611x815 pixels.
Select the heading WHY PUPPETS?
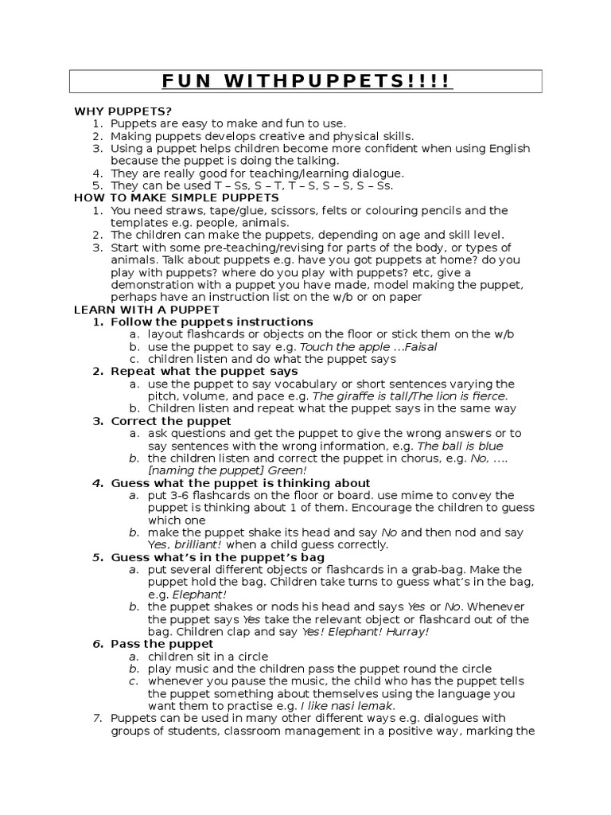point(123,111)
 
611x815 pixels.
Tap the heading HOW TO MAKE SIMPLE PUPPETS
point(177,197)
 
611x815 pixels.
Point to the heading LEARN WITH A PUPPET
point(146,309)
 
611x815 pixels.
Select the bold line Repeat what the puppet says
point(204,371)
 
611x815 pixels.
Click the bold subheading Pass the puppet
point(162,643)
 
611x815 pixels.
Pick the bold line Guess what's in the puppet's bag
point(218,557)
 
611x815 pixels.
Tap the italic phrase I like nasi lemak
point(348,706)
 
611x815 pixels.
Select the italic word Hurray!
point(405,631)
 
